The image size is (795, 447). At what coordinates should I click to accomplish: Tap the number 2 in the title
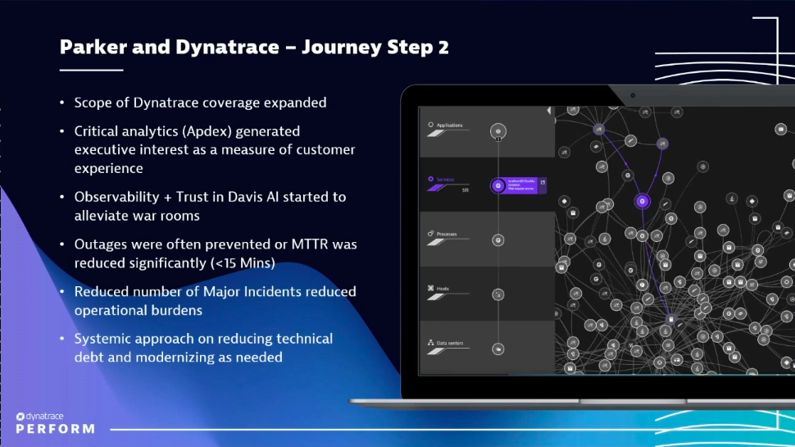tap(443, 47)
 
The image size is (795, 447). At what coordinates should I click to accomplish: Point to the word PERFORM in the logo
tap(55, 429)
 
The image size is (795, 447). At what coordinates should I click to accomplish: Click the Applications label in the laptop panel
tap(450, 125)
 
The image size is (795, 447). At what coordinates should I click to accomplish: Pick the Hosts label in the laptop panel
tap(443, 288)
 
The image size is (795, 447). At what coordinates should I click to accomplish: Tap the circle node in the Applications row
tap(497, 130)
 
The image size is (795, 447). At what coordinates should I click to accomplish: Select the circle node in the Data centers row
tap(497, 349)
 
